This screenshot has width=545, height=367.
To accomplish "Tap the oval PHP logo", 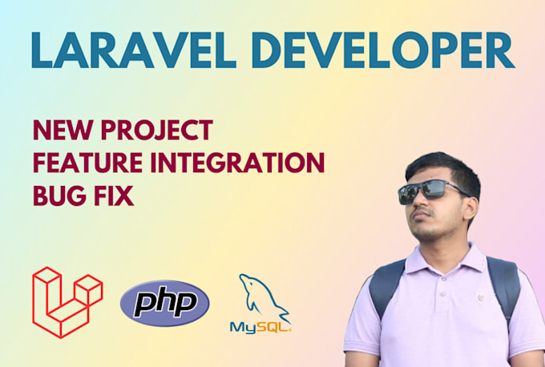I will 164,304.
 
